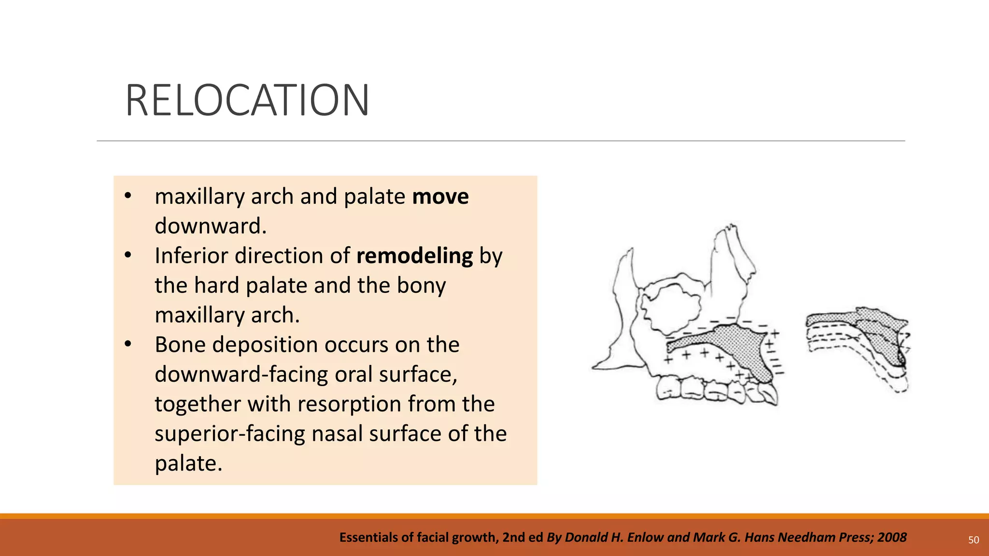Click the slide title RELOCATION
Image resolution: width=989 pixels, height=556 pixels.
pyautogui.click(x=247, y=100)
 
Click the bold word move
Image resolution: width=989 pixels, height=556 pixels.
pyautogui.click(x=440, y=196)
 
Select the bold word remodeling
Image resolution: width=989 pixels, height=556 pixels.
pyautogui.click(x=414, y=256)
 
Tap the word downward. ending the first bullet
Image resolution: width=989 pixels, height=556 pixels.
pyautogui.click(x=211, y=226)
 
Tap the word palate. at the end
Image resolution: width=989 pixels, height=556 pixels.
pyautogui.click(x=188, y=463)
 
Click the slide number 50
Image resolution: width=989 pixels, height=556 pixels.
pyautogui.click(x=974, y=540)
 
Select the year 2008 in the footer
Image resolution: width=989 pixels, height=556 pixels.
pyautogui.click(x=892, y=537)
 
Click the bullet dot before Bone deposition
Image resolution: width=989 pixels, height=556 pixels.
pyautogui.click(x=128, y=344)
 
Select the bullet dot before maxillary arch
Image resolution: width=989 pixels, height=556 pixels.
pyautogui.click(x=128, y=196)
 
